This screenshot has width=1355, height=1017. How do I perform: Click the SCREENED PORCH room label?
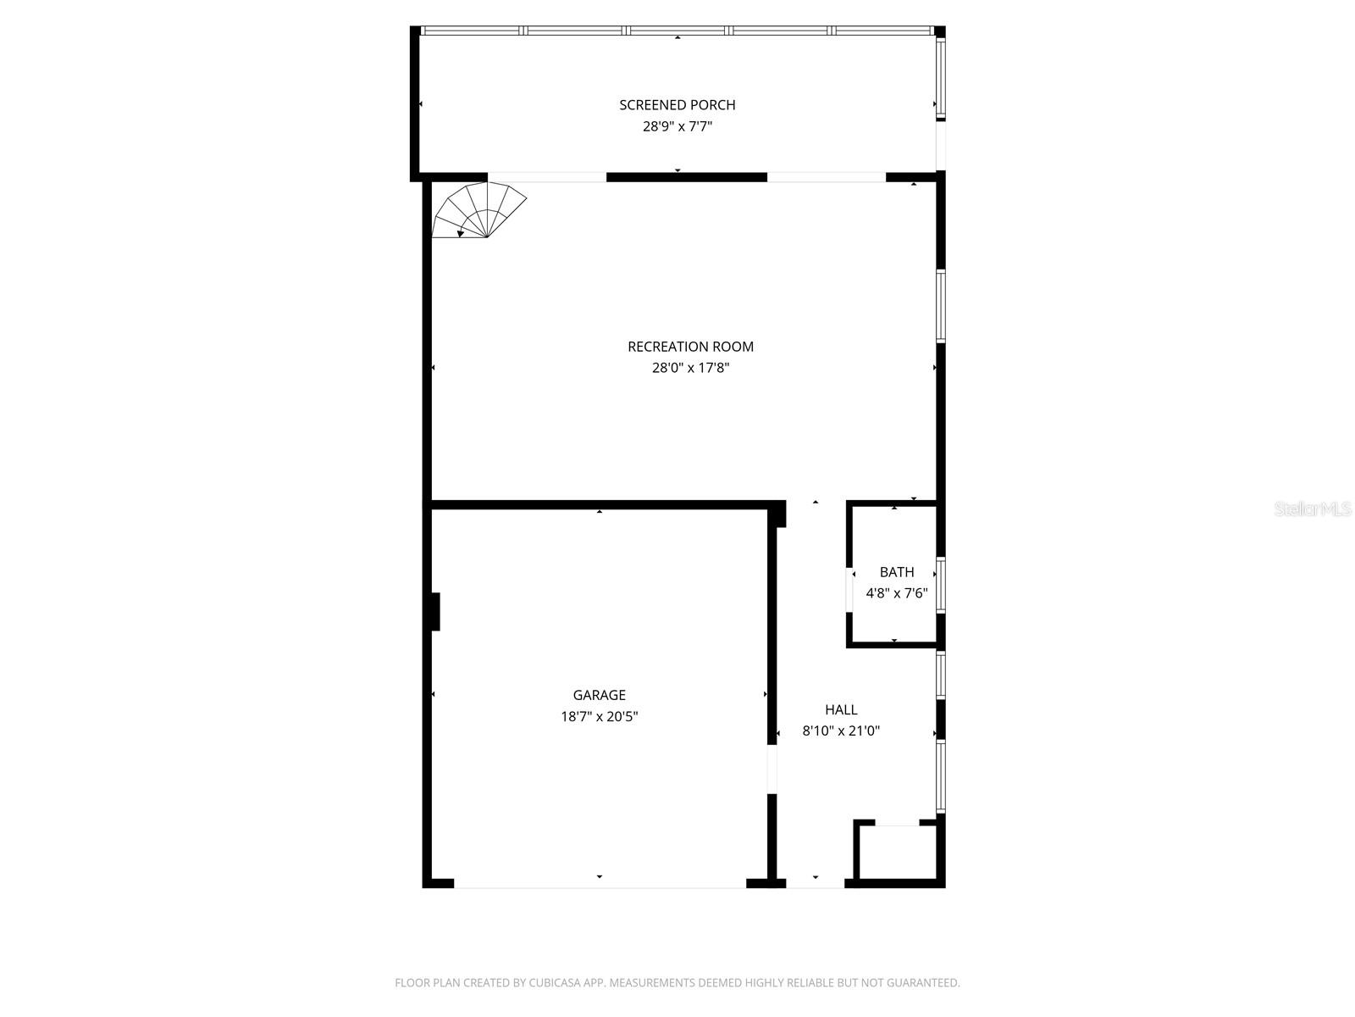click(x=677, y=105)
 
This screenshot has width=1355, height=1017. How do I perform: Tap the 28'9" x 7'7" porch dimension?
click(x=677, y=127)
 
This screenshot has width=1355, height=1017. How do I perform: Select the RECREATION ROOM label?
click(x=690, y=347)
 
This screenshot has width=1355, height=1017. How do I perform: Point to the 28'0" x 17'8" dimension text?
click(x=690, y=368)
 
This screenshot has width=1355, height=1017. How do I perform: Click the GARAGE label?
click(x=599, y=695)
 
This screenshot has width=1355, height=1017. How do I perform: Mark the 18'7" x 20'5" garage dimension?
click(x=599, y=717)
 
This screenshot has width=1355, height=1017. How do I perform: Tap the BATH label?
click(x=896, y=572)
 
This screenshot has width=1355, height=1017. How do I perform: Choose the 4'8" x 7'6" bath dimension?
click(x=896, y=593)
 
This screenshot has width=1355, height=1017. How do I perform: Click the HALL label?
click(x=841, y=710)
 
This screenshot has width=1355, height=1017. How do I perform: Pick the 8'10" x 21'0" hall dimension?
click(x=841, y=731)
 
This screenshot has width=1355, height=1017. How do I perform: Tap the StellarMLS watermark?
click(x=1312, y=508)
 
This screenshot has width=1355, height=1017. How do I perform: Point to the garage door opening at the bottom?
click(x=600, y=884)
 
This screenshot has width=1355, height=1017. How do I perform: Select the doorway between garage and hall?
click(x=772, y=769)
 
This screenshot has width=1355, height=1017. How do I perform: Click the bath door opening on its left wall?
click(x=849, y=587)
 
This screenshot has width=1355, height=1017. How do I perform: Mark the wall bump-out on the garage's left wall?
click(x=434, y=611)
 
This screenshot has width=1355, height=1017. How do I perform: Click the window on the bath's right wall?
click(x=940, y=585)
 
